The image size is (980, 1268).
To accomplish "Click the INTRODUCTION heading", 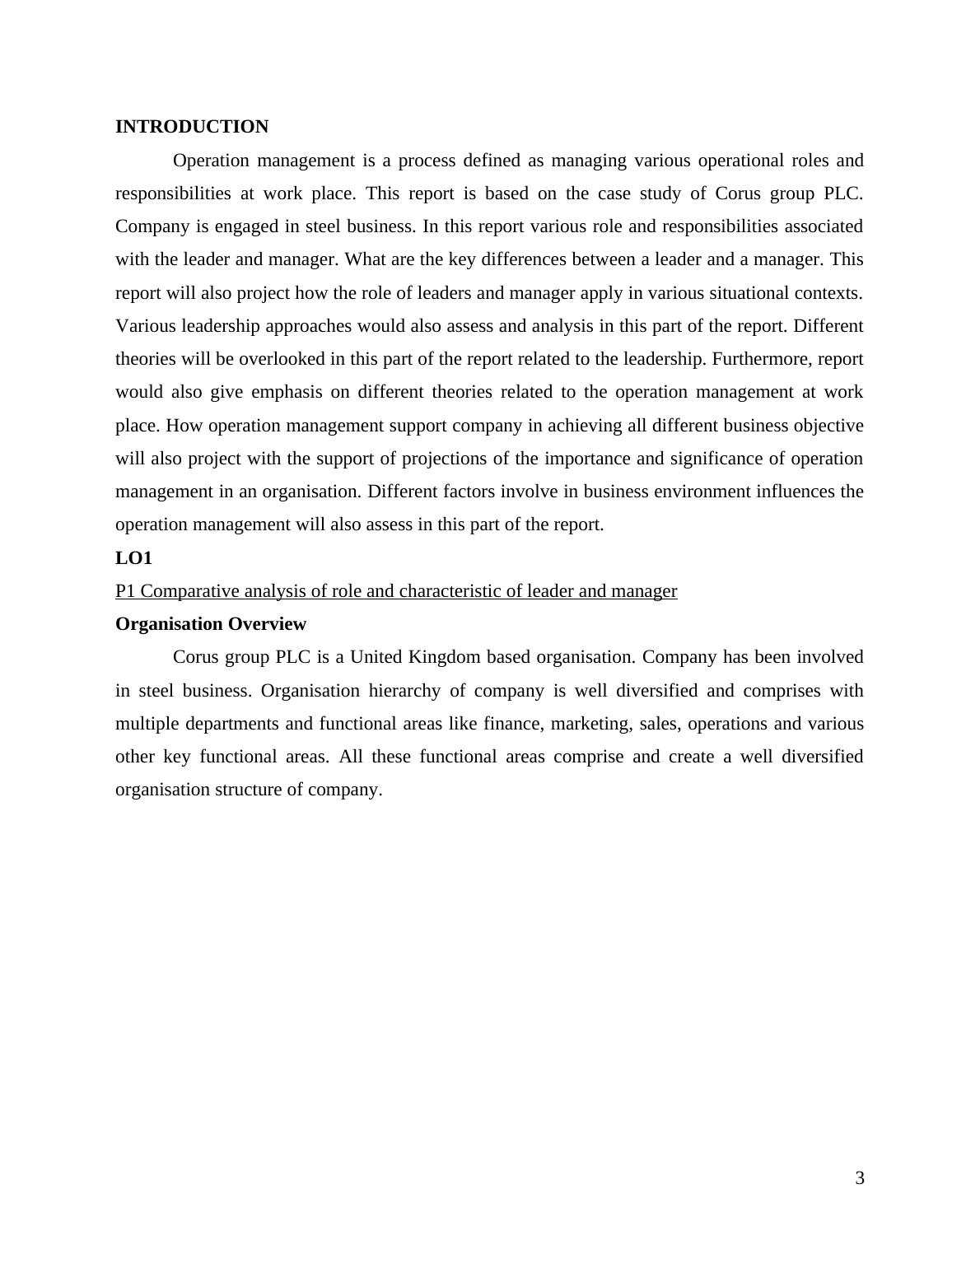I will coord(192,127).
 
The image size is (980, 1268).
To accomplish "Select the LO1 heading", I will coord(133,558).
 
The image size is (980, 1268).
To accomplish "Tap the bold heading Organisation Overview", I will coord(211,624).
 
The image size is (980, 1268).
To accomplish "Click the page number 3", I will coord(860,1178).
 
